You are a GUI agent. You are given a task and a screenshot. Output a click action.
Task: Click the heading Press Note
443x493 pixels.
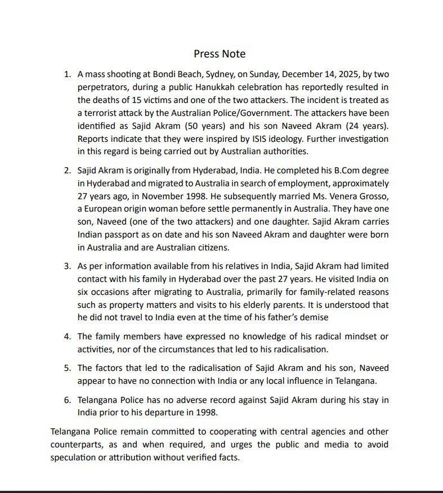[x=220, y=54]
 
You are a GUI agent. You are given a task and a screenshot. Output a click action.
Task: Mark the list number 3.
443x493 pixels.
[x=67, y=266]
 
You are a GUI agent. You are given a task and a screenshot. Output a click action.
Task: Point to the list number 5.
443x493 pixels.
[x=67, y=368]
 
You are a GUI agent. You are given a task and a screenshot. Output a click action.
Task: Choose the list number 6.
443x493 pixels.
[x=67, y=400]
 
